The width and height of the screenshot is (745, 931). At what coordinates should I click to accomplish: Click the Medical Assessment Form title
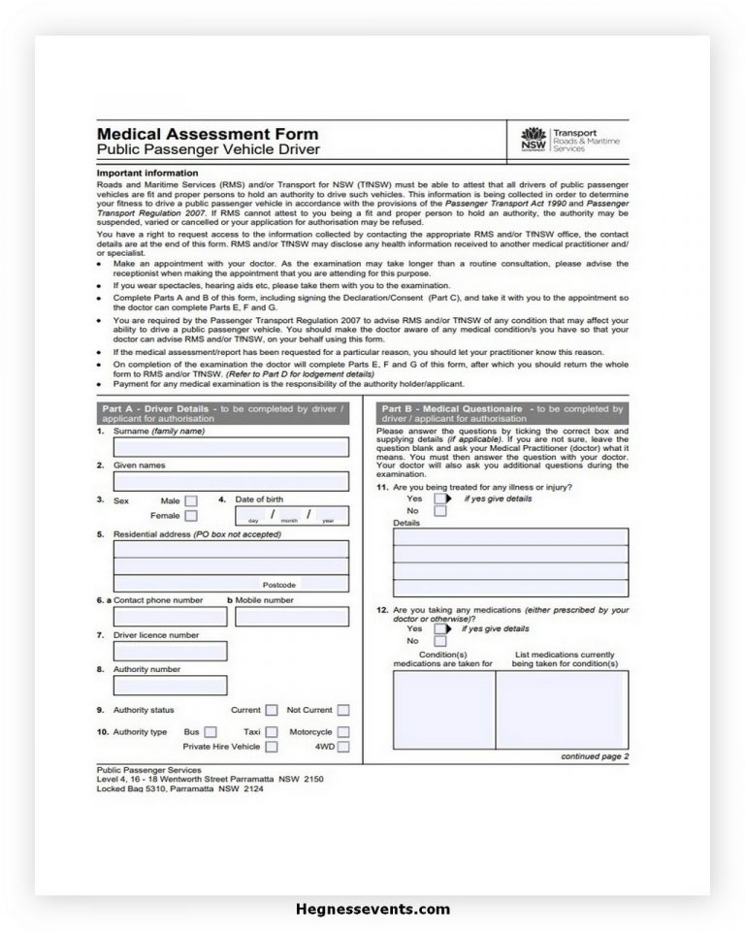(207, 134)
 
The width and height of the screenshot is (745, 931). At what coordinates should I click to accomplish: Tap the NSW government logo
(534, 140)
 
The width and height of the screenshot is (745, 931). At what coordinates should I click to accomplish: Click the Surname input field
(231, 447)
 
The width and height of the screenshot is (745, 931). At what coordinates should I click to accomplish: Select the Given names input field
(231, 481)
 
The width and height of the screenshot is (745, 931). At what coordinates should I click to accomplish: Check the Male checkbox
(191, 500)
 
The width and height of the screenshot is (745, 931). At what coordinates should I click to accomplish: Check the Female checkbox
(191, 516)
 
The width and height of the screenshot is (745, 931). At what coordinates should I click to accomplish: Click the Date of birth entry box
(292, 515)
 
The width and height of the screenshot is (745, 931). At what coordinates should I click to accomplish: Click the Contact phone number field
(170, 617)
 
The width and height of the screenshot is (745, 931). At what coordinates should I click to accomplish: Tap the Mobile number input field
(291, 617)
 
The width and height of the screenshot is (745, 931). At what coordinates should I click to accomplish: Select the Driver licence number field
(170, 651)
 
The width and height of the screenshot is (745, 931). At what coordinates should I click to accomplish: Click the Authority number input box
(170, 686)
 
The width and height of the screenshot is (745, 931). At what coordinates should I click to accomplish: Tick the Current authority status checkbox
(272, 711)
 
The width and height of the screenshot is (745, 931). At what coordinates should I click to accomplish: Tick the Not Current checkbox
(343, 711)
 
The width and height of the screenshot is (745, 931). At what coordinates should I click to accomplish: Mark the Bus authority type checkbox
(211, 732)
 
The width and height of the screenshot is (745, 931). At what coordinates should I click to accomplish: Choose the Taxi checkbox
(272, 732)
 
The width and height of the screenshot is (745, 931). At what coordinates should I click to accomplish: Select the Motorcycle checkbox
(343, 732)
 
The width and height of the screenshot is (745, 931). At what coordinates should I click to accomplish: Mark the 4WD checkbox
(343, 747)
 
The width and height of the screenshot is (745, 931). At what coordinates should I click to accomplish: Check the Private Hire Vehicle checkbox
(272, 747)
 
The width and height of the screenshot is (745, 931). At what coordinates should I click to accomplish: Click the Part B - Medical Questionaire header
(501, 414)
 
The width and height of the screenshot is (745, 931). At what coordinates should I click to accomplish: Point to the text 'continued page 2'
(595, 756)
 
